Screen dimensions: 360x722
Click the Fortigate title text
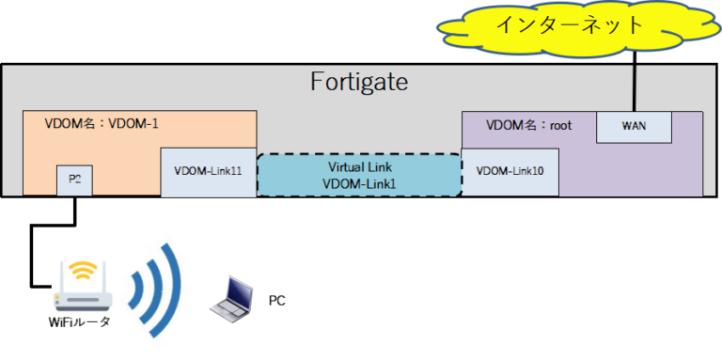tap(359, 83)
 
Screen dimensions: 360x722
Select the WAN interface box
tap(635, 126)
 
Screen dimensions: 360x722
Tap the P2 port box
tap(74, 180)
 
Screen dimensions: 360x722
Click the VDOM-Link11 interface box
tap(208, 172)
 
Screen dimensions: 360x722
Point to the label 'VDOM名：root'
tap(528, 124)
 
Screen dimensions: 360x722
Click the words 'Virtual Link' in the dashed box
tap(359, 166)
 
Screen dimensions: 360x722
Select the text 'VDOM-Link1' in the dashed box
tap(359, 184)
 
